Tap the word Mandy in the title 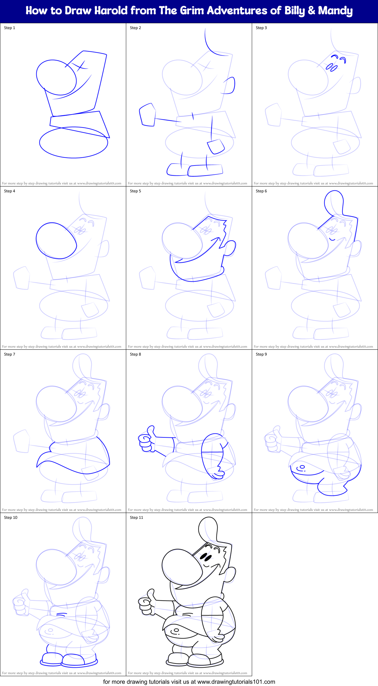pyautogui.click(x=335, y=11)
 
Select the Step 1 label pyautogui.click(x=9, y=28)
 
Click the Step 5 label pyautogui.click(x=135, y=191)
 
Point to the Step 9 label pyautogui.click(x=261, y=354)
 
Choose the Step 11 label pyautogui.click(x=136, y=518)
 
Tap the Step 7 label pyautogui.click(x=9, y=354)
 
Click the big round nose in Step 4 pyautogui.click(x=56, y=241)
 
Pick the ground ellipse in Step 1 pyautogui.click(x=74, y=143)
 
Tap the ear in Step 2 pyautogui.click(x=230, y=85)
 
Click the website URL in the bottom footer pyautogui.click(x=236, y=682)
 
